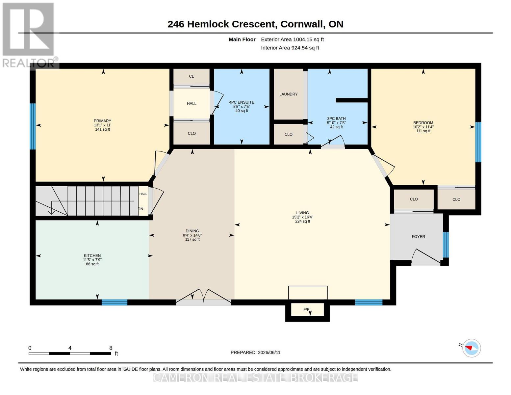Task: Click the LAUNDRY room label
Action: [x=288, y=94]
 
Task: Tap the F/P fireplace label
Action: [x=306, y=309]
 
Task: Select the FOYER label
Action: [x=418, y=236]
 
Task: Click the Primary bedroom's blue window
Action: [x=33, y=126]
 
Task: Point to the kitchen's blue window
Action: [x=114, y=302]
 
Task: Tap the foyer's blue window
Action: [x=446, y=245]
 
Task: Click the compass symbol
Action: [x=471, y=348]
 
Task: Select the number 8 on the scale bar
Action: [x=111, y=348]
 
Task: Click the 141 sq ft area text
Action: [x=102, y=129]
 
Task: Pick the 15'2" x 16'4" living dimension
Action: [x=302, y=217]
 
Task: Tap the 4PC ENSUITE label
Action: [x=242, y=102]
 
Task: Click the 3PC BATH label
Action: [x=336, y=118]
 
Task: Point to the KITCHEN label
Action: [x=92, y=255]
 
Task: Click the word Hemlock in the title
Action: [x=208, y=24]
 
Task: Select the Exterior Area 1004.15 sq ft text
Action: [x=292, y=39]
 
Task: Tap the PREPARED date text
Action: [x=255, y=353]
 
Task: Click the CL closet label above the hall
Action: [x=192, y=76]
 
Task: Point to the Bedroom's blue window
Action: [x=478, y=142]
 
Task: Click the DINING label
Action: [x=192, y=231]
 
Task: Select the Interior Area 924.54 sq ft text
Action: [x=290, y=48]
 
